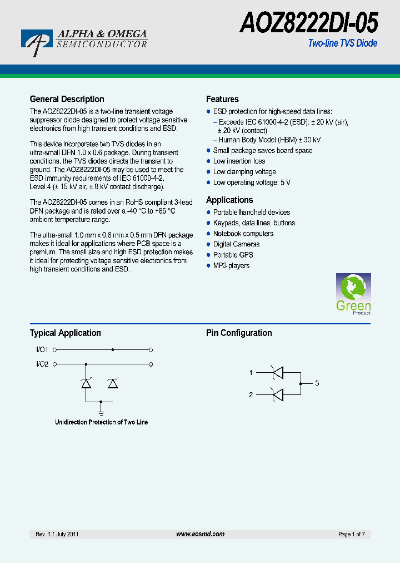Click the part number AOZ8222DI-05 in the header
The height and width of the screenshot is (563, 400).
point(309,23)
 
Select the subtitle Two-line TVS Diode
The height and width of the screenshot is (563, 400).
point(342,43)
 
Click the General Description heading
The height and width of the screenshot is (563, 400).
point(67,99)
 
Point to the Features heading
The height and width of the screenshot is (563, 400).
point(222,99)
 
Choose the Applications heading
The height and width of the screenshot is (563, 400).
point(229,200)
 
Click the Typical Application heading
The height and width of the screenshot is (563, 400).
point(65,333)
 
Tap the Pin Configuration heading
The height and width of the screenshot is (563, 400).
point(239,333)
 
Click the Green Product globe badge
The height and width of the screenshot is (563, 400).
point(353,293)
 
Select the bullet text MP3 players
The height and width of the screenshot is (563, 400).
point(231,265)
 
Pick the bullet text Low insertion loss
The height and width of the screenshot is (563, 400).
point(239,161)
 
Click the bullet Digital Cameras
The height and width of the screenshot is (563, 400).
point(236,244)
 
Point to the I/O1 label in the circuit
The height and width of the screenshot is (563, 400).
point(42,349)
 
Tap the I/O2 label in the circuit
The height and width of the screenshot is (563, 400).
point(42,364)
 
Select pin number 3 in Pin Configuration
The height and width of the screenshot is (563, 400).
point(317,383)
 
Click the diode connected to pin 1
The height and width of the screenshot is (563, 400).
point(276,372)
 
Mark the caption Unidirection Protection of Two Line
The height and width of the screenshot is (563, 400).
point(101,422)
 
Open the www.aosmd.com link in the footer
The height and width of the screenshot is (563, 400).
point(200,534)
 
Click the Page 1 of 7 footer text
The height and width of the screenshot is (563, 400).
point(351,534)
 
